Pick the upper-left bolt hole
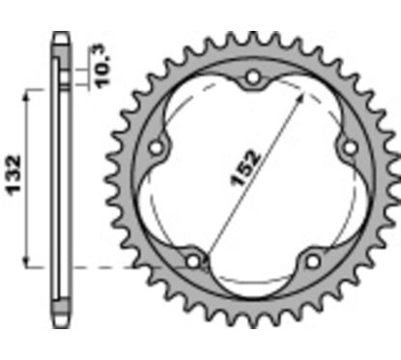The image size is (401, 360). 157,148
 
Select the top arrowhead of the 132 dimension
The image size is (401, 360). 35,89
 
